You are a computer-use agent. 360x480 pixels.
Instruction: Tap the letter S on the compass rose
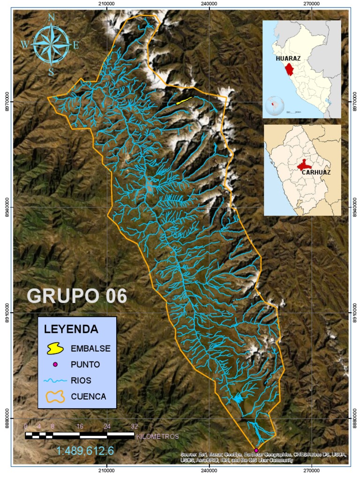(x=51, y=72)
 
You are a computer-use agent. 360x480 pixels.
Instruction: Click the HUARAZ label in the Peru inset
(x=288, y=59)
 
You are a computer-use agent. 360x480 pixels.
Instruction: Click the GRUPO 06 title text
(x=77, y=296)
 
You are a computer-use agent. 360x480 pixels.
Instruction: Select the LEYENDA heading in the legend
(x=71, y=329)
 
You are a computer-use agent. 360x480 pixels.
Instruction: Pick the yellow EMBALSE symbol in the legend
(x=55, y=348)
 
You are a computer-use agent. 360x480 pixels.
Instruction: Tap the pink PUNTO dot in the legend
(x=55, y=364)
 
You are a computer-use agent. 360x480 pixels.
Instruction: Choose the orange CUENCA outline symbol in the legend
(x=55, y=396)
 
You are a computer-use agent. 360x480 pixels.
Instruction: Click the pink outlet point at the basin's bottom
(x=256, y=450)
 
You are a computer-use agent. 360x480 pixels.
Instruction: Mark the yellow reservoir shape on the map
(x=184, y=100)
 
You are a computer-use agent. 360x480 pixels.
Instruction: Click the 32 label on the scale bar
(x=135, y=427)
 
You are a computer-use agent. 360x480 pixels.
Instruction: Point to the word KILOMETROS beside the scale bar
(x=157, y=436)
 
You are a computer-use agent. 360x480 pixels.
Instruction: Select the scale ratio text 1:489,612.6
(x=85, y=451)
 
